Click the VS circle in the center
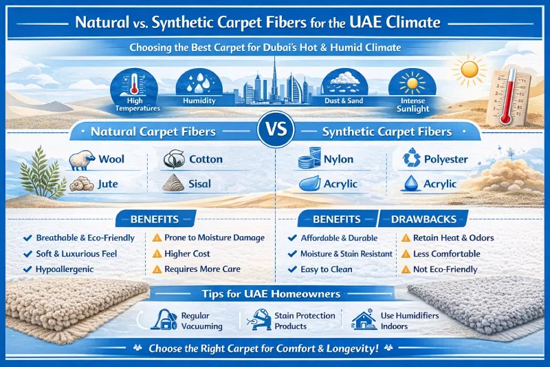click(x=274, y=130)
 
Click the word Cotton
click(x=206, y=160)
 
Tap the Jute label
click(x=107, y=185)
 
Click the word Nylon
click(x=338, y=160)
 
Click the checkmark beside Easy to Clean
click(x=291, y=269)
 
